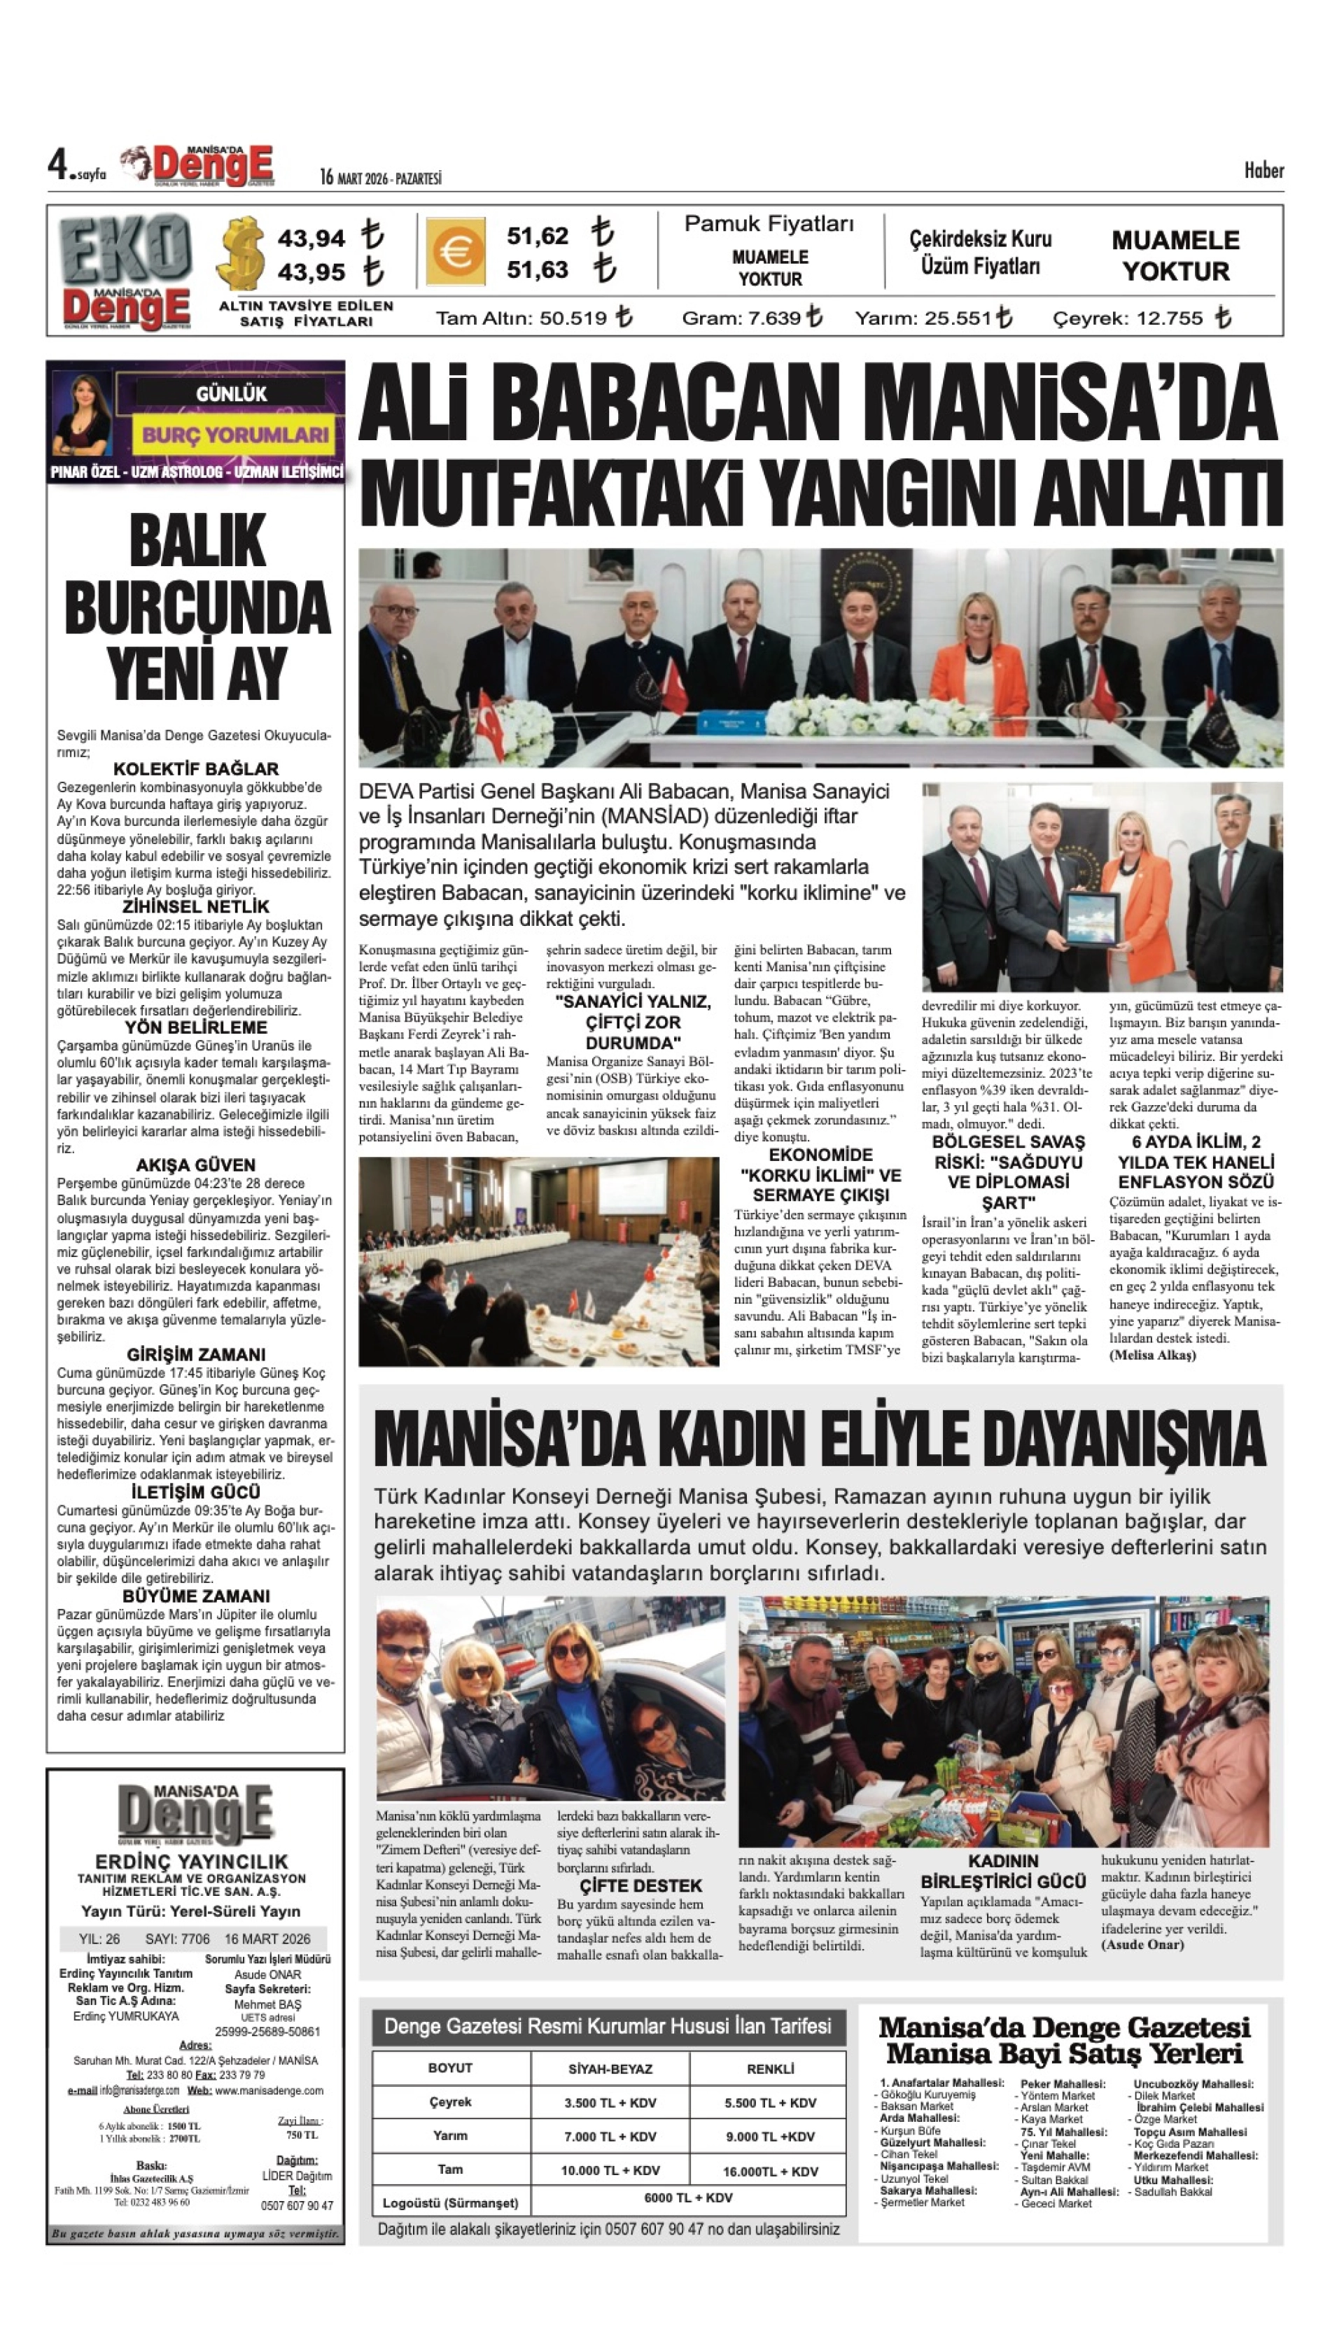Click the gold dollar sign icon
(x=242, y=253)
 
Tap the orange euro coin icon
(x=454, y=252)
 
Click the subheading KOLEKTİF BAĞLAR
(x=195, y=769)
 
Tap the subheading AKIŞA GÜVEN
(x=195, y=1165)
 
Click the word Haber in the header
(x=1263, y=171)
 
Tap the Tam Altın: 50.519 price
(x=533, y=318)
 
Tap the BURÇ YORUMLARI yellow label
(x=234, y=435)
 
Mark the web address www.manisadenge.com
(x=269, y=2090)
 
